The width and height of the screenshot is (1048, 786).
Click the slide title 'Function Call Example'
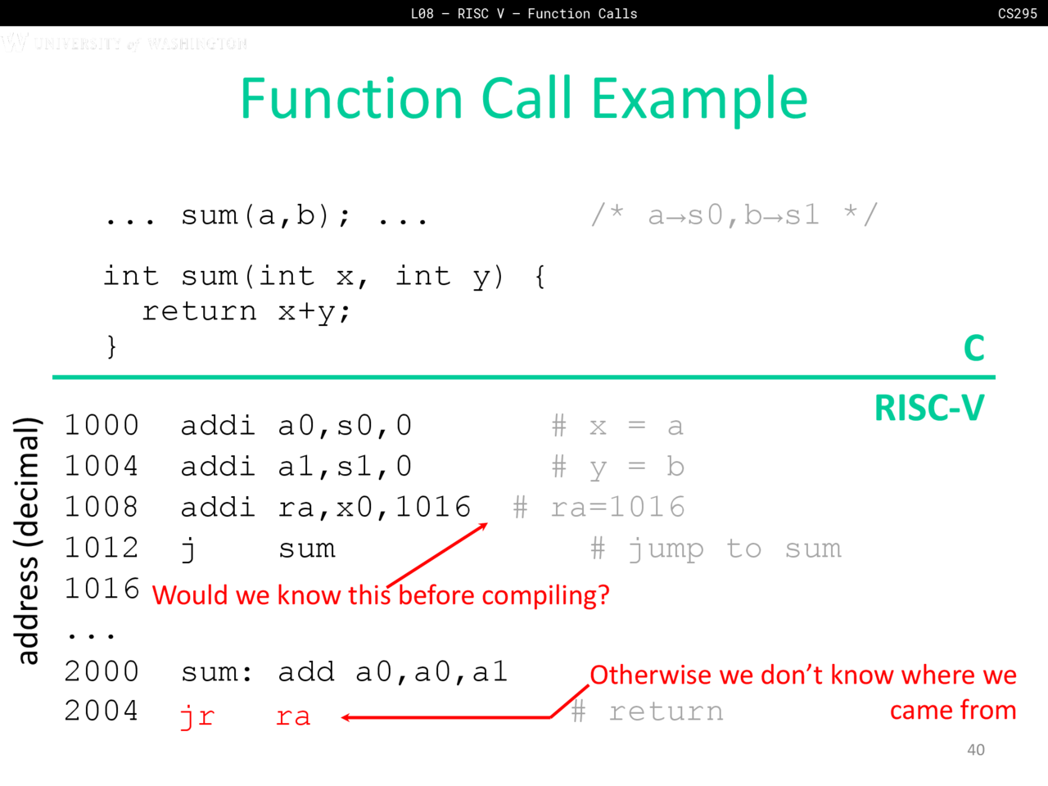coord(524,99)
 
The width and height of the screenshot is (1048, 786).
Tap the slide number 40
coord(976,750)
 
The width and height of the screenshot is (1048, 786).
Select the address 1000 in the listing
coord(102,425)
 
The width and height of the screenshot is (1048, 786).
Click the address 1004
coord(102,466)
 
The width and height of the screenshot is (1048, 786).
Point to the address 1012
coord(102,548)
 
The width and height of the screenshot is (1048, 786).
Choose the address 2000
coord(102,671)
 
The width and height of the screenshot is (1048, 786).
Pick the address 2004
coord(102,711)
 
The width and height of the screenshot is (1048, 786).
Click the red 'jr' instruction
coord(197,716)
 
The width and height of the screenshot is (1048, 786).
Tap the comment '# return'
coord(647,711)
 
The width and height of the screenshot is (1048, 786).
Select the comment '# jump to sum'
coord(716,549)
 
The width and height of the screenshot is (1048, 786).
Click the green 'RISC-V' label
coord(929,408)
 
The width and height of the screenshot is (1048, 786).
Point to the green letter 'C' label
coord(974,347)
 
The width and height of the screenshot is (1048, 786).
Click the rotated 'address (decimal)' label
coord(28,540)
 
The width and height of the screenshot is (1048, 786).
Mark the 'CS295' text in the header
coord(1018,13)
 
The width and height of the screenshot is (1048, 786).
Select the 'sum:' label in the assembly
coord(216,672)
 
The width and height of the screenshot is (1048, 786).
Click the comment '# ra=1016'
coord(599,507)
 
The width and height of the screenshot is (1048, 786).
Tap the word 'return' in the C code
coord(200,312)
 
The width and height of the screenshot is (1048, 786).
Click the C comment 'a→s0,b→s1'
coord(734,215)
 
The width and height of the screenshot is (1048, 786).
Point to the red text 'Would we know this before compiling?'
coord(381,595)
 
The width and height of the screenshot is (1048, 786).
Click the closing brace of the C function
coord(111,346)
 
